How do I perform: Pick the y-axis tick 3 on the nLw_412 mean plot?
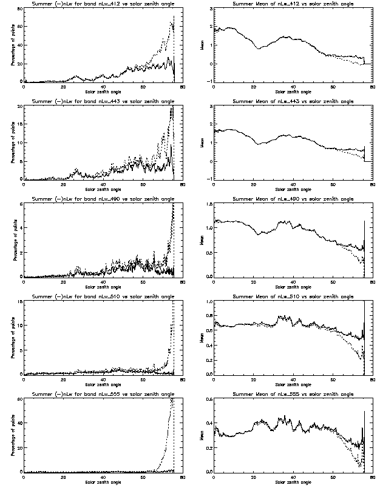coord(210,9)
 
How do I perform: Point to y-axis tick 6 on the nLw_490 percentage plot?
coord(20,204)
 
